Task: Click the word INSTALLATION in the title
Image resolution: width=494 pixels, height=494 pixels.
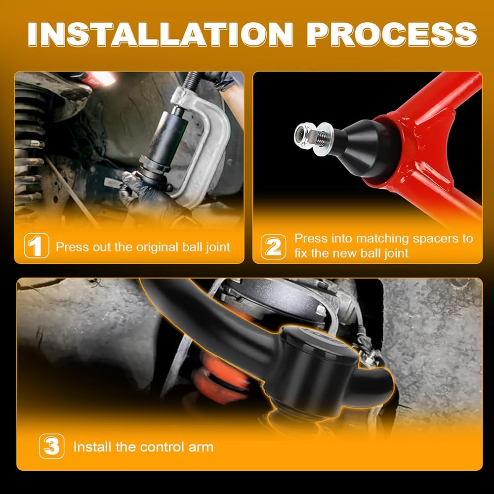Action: [161, 35]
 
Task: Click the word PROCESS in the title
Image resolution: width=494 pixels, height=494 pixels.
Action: [392, 35]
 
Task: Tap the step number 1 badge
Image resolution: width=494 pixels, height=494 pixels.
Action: [36, 246]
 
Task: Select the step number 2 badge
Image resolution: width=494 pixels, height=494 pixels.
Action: [274, 247]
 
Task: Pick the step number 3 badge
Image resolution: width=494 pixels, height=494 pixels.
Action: [52, 446]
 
